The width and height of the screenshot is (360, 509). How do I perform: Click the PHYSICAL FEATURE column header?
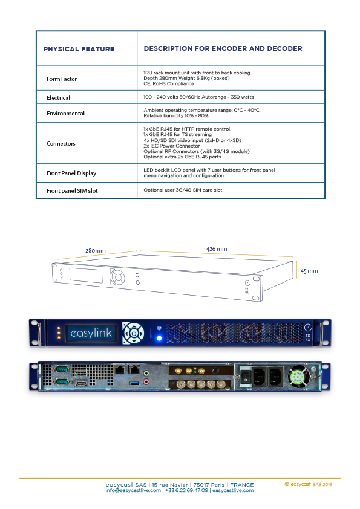79,49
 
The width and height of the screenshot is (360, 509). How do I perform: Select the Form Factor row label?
62,79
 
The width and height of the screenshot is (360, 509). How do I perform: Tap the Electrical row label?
59,97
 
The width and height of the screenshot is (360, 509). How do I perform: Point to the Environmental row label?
65,113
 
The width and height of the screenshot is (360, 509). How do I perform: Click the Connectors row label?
61,143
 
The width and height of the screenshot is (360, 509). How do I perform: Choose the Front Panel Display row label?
71,173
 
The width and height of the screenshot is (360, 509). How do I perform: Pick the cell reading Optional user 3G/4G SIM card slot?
183,190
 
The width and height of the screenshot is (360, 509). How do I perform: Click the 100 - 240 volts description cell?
198,97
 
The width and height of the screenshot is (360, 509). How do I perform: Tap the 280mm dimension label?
96,251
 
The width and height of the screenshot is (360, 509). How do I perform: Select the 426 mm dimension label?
217,249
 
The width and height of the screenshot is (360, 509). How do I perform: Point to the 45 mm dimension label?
309,271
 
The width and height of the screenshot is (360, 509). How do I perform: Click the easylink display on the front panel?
91,333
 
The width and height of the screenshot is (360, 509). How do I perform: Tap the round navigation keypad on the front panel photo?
134,333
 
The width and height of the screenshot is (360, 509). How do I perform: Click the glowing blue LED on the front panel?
159,339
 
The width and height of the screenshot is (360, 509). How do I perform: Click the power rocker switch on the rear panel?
246,377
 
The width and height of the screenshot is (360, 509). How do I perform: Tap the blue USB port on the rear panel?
134,383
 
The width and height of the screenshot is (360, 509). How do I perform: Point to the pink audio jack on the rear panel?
146,382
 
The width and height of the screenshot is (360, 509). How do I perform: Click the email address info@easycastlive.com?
133,490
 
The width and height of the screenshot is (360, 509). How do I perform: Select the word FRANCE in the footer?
242,485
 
